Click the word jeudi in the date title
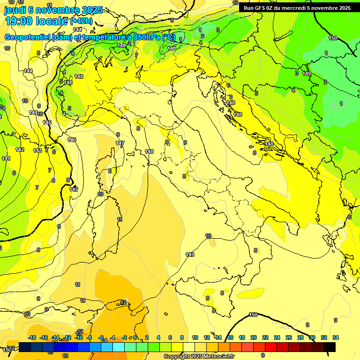(x=15, y=10)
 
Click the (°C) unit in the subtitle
(x=168, y=37)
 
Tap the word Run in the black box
(x=248, y=8)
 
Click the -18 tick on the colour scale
(x=32, y=337)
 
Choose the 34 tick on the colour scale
(x=336, y=337)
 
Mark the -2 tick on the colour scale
(x=125, y=337)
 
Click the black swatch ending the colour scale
(x=330, y=347)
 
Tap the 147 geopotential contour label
(x=120, y=143)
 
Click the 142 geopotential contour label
(x=19, y=150)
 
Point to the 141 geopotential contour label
(x=6, y=159)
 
